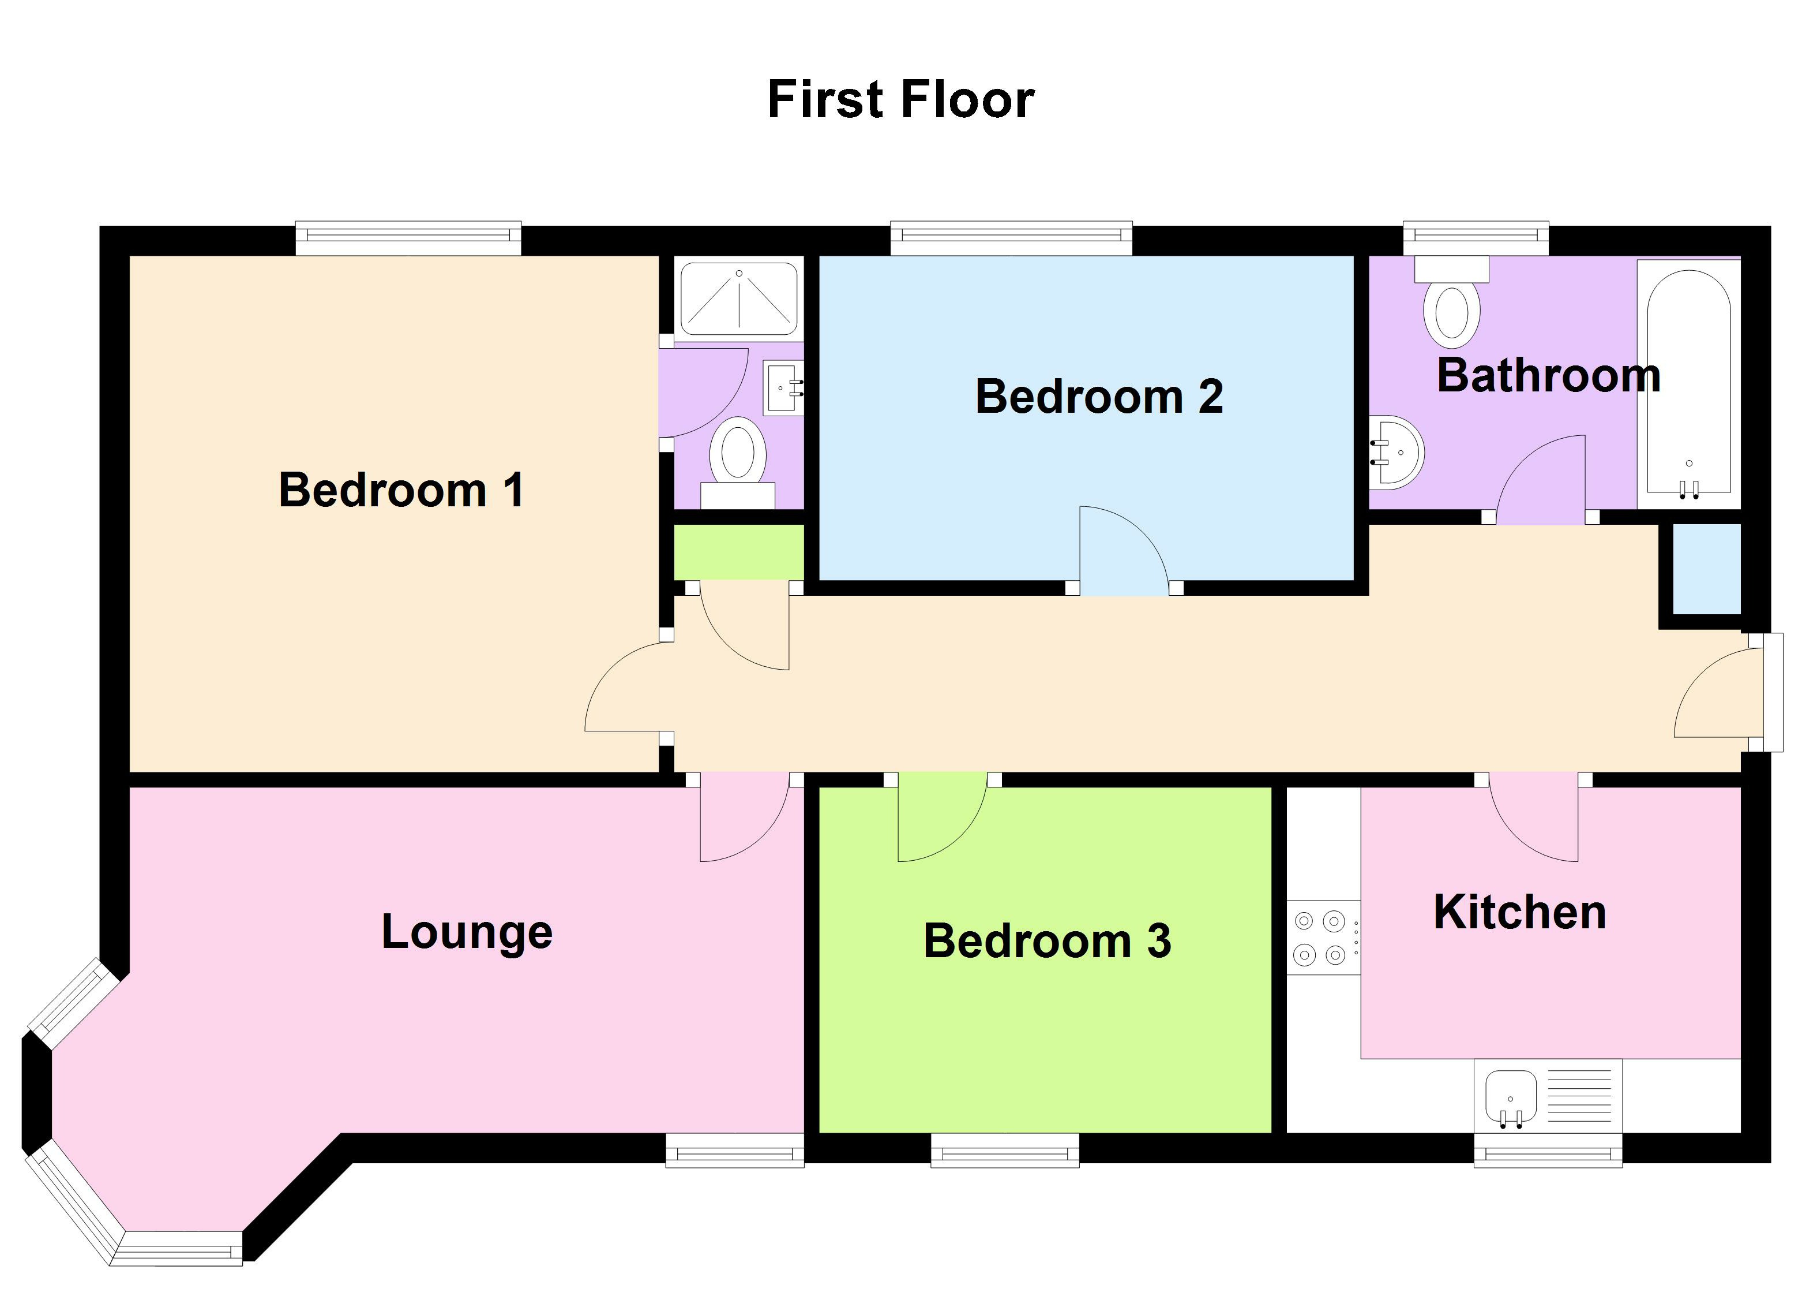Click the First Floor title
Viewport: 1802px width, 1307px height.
[900, 100]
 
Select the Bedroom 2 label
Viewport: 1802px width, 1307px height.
[1099, 396]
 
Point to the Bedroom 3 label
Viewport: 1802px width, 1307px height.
[1046, 942]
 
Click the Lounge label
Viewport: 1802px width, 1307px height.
[467, 932]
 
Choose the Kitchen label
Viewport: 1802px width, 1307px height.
[1519, 912]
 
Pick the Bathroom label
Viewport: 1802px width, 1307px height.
[1548, 375]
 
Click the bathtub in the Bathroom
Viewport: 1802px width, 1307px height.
[1688, 382]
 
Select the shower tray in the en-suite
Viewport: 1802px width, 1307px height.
[739, 299]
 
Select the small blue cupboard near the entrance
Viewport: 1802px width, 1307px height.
[1707, 569]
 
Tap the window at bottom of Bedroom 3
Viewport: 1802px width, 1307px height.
[1004, 1151]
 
